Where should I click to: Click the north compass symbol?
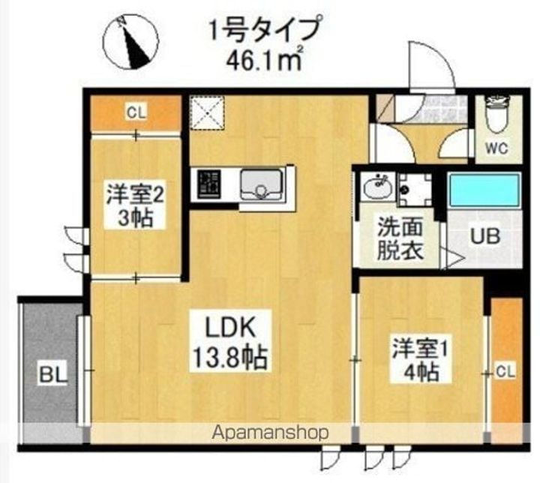131,42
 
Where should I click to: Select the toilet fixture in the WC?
497,114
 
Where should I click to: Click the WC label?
497,148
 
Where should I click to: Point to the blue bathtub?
484,190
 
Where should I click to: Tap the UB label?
485,236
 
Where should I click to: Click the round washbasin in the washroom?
379,187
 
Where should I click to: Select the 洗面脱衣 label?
400,238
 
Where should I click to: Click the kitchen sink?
261,185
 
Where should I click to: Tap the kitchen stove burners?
208,184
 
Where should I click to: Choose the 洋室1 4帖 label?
420,360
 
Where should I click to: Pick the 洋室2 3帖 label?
135,206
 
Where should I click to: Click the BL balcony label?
53,374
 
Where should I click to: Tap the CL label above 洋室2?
136,112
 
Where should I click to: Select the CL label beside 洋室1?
505,372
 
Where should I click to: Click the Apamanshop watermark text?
270,433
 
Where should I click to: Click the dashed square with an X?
207,112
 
